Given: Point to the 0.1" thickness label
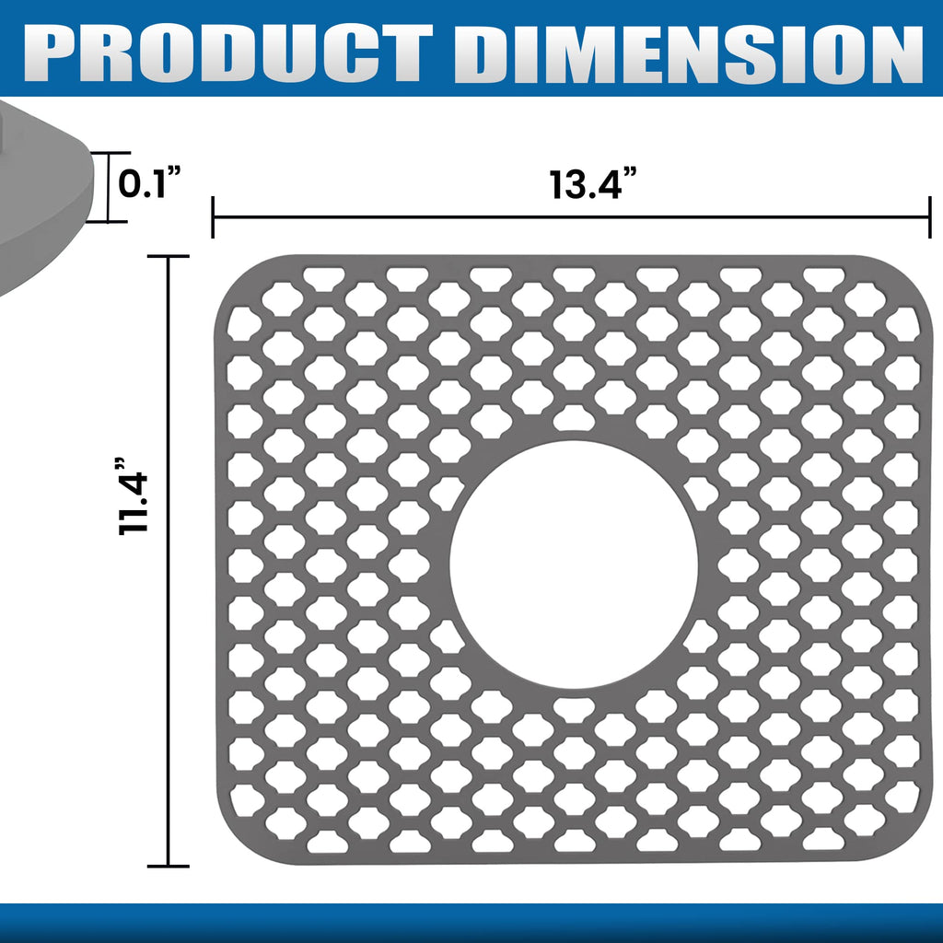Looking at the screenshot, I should [147, 185].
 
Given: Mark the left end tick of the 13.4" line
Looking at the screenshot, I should [213, 217].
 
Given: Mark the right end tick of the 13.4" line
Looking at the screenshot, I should [929, 217].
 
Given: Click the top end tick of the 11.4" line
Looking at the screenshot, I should [168, 258].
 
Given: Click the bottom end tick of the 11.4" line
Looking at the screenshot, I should [168, 865].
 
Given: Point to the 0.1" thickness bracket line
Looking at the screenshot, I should [109, 187].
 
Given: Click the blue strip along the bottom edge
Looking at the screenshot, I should [471, 923].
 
